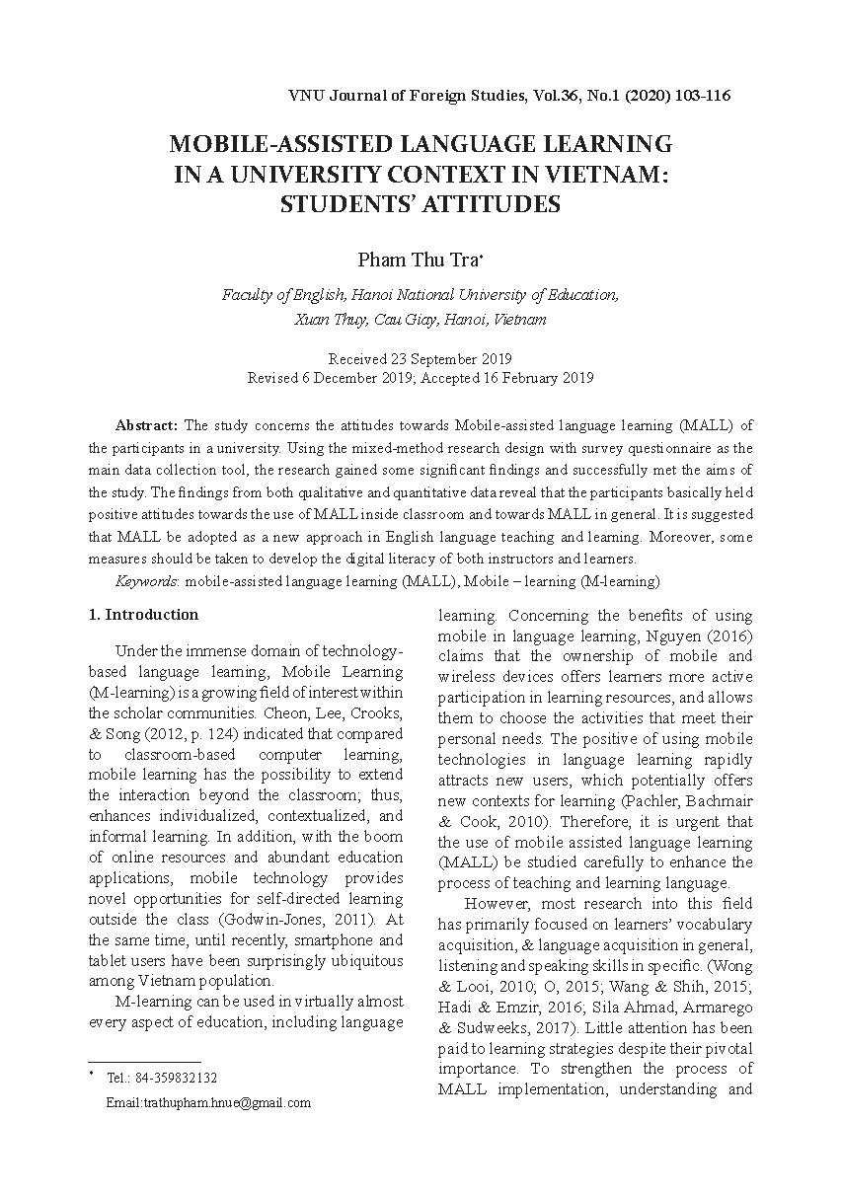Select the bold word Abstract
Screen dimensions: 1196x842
[146, 425]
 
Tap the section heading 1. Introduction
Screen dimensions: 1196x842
[143, 614]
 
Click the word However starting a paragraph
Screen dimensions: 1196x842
[496, 903]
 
